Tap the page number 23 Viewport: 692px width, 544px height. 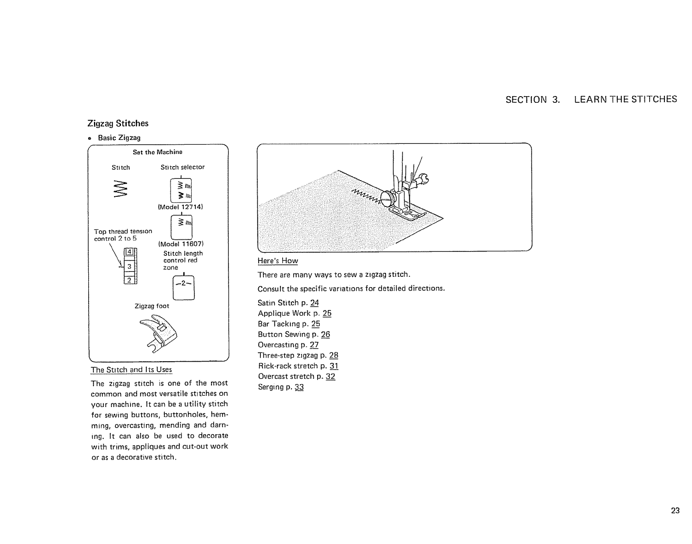point(675,510)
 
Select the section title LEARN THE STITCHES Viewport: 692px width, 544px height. point(626,99)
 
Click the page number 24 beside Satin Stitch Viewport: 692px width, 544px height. point(315,303)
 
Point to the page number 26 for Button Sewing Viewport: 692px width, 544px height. point(325,335)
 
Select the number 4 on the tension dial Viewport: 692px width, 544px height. point(129,252)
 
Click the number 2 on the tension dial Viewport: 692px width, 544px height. point(129,280)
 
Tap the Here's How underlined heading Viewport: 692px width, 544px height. point(278,261)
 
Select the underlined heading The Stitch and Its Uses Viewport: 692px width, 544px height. point(131,370)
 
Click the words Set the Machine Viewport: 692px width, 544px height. point(157,152)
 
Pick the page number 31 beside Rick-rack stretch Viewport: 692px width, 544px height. point(334,366)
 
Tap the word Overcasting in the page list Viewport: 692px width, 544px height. point(278,345)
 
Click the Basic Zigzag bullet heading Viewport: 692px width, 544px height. point(119,138)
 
